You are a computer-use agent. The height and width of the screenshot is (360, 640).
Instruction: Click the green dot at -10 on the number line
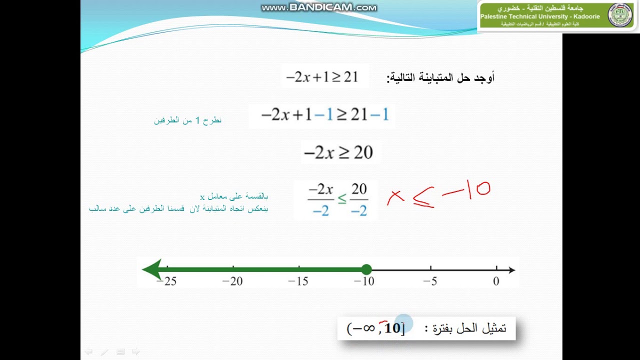pyautogui.click(x=366, y=269)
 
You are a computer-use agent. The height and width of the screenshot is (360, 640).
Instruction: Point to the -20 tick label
pyautogui.click(x=232, y=281)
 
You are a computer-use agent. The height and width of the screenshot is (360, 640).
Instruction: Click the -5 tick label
pyautogui.click(x=430, y=281)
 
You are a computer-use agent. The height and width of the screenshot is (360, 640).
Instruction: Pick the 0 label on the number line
pyautogui.click(x=496, y=281)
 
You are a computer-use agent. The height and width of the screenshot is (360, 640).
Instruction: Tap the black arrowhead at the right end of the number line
pyautogui.click(x=511, y=270)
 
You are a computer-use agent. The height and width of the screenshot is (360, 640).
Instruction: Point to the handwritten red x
pyautogui.click(x=395, y=198)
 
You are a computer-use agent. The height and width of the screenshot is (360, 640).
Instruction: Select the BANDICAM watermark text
pyautogui.click(x=319, y=7)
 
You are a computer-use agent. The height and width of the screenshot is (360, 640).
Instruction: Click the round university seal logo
pyautogui.click(x=620, y=15)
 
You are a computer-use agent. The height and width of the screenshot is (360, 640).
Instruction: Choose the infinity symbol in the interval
pyautogui.click(x=368, y=328)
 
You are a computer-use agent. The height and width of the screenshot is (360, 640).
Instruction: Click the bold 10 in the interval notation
pyautogui.click(x=393, y=328)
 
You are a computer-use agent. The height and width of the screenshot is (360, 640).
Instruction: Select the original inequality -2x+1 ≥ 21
pyautogui.click(x=322, y=77)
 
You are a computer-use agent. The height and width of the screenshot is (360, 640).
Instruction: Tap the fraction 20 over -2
pyautogui.click(x=359, y=200)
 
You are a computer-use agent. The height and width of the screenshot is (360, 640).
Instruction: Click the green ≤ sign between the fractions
pyautogui.click(x=341, y=199)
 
